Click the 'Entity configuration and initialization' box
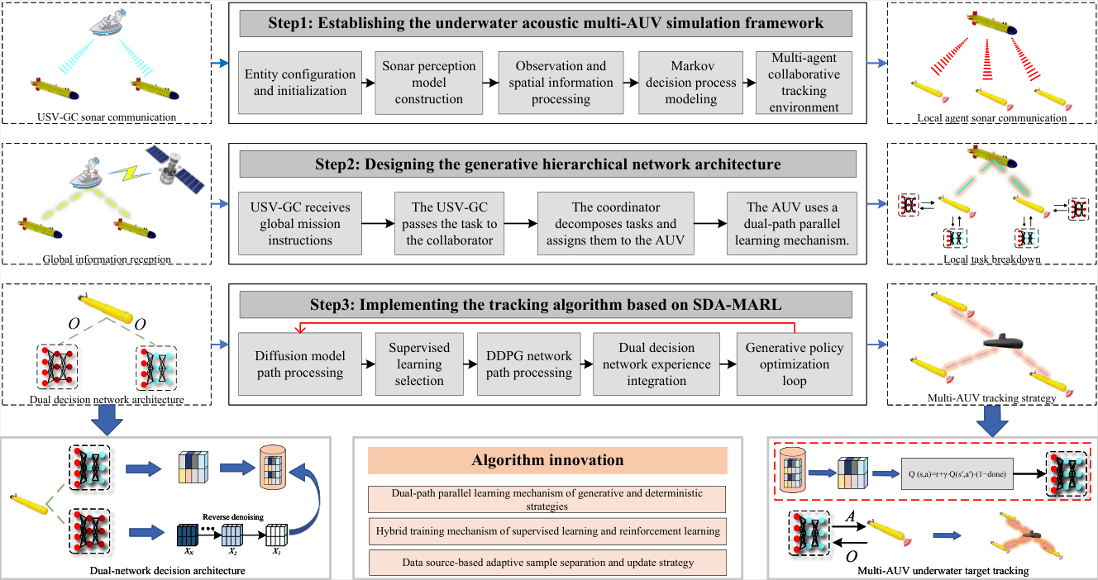click(x=300, y=83)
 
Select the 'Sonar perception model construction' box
click(x=429, y=83)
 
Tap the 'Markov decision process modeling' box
click(x=690, y=83)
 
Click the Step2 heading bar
click(x=547, y=164)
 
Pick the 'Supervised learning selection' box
click(x=419, y=364)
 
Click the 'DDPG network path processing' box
click(x=529, y=364)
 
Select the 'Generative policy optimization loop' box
click(x=794, y=364)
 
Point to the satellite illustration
click(x=175, y=168)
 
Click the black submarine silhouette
click(x=1003, y=342)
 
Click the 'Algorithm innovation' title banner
click(x=547, y=460)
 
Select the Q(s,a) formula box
click(x=957, y=473)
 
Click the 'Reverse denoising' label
click(x=233, y=517)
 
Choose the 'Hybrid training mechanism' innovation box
click(x=547, y=531)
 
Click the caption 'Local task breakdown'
click(x=991, y=259)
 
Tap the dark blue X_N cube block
click(x=188, y=535)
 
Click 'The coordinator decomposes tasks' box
click(x=616, y=223)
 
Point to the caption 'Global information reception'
click(x=107, y=259)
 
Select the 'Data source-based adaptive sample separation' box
click(x=547, y=563)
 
